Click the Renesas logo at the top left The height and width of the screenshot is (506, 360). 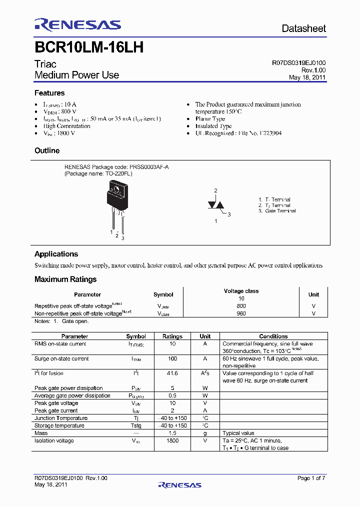coord(77,25)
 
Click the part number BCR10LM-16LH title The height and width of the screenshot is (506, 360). coord(89,47)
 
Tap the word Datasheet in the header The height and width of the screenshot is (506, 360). coord(303,28)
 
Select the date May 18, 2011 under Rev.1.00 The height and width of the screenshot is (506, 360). coord(307,77)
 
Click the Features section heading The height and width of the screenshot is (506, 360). coord(49,93)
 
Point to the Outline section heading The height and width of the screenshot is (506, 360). coord(47,150)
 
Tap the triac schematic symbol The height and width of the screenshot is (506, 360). coord(215,205)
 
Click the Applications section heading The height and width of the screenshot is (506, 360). coord(56,254)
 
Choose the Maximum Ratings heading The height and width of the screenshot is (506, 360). coord(65,279)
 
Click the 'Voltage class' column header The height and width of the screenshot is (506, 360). coord(241,291)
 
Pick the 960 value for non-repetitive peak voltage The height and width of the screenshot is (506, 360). coord(241,313)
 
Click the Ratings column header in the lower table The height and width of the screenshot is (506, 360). coord(172,336)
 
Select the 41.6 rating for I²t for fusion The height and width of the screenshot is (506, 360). coord(172,373)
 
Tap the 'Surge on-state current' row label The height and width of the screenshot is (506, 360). coord(61,358)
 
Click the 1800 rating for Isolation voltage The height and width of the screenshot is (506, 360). coord(172,441)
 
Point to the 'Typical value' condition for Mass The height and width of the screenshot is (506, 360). coord(238,433)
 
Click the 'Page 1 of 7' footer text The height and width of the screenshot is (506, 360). coord(311,478)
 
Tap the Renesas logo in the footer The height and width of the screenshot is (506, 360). coord(179,484)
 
